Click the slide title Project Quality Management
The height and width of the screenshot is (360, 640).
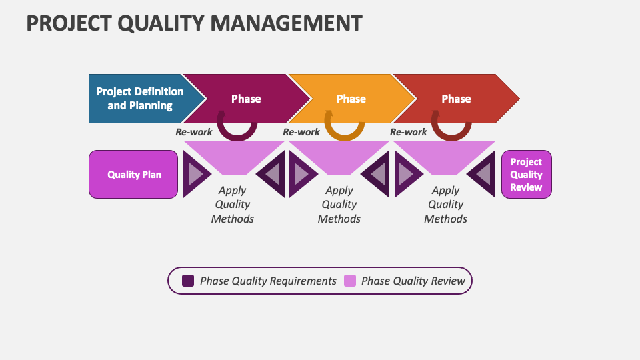pos(194,23)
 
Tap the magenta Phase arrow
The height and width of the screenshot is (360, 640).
pos(246,99)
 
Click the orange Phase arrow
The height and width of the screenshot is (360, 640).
pos(351,99)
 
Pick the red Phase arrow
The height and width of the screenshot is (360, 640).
pos(457,99)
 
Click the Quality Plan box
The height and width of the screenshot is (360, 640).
pos(133,175)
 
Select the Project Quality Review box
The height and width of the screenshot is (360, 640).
pos(526,175)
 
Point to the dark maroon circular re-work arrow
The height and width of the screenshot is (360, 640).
pos(237,131)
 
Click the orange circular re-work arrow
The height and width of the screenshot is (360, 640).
pos(344,131)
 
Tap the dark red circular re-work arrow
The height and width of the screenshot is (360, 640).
pos(451,131)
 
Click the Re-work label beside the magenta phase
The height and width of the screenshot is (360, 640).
pos(193,132)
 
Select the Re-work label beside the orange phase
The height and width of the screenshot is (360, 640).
pos(301,132)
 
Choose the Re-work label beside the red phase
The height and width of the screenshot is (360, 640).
pos(408,132)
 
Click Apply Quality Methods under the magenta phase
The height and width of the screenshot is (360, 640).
pos(233,205)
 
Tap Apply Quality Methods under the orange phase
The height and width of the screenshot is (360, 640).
pos(339,205)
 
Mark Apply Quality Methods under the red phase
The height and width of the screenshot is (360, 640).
pos(446,205)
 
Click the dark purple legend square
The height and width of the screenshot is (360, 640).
pos(188,281)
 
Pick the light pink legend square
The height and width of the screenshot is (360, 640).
pos(349,281)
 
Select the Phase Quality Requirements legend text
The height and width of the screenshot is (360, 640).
pos(268,281)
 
